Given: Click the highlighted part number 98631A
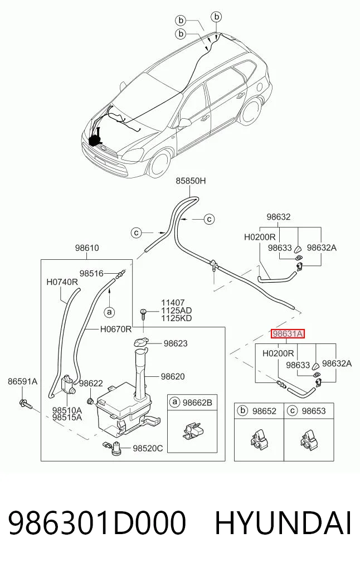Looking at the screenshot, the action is (x=288, y=334).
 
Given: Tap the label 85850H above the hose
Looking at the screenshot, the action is (x=191, y=181).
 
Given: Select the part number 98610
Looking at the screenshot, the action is (x=87, y=248).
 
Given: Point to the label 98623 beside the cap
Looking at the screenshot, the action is (x=176, y=343).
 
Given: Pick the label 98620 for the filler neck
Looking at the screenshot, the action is (x=173, y=376).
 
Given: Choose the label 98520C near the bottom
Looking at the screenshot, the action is (x=148, y=448).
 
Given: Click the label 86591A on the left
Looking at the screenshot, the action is (x=23, y=381).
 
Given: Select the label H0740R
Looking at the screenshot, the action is (x=62, y=282).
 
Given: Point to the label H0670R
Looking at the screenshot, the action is (x=116, y=329).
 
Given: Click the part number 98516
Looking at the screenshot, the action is (x=91, y=274).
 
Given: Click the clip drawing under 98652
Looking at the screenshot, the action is (x=259, y=439).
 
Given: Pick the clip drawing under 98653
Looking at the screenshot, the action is (x=309, y=439).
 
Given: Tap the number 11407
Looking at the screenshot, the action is (x=173, y=303).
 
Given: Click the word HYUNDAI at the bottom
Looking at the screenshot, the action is (x=283, y=524).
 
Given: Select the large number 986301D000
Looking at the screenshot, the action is (x=97, y=524).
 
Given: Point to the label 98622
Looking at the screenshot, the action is (x=91, y=384).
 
